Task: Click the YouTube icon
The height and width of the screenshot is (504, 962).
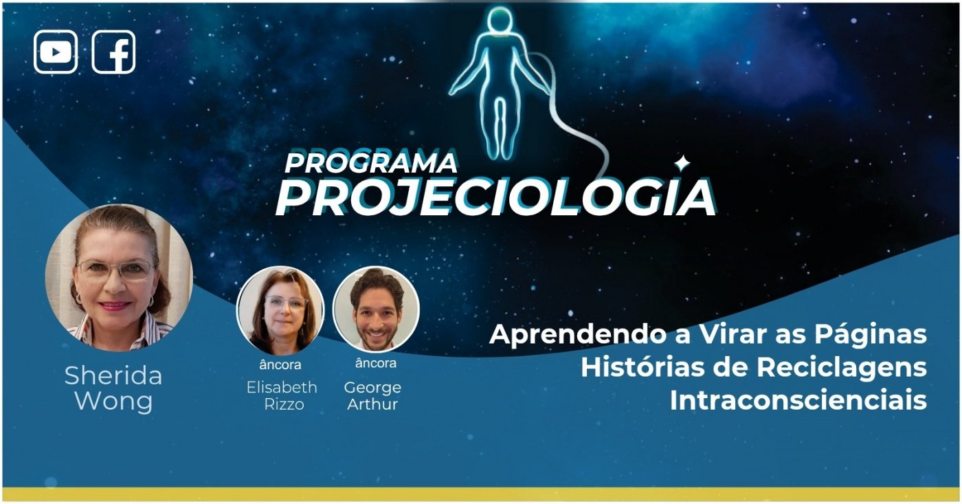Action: point(56,52)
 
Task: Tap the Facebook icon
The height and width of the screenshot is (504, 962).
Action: point(113,52)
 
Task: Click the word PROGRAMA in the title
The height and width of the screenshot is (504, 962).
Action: point(370,163)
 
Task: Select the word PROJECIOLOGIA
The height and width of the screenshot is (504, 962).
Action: point(495,197)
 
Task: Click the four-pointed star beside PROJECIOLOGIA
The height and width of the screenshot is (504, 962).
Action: point(682,163)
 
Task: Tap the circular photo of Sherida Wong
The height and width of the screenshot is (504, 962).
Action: point(119,278)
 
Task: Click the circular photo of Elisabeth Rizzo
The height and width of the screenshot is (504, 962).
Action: point(280,310)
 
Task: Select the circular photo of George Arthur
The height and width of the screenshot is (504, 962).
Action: point(377,309)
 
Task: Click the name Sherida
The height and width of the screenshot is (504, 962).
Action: point(113,376)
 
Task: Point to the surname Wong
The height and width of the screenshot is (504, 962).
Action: point(114,402)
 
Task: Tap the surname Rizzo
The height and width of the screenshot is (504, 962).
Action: point(284,404)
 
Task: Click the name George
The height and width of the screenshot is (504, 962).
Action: point(372,388)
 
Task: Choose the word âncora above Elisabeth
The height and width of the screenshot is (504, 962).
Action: point(280,365)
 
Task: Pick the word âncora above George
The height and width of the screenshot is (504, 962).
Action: point(376,363)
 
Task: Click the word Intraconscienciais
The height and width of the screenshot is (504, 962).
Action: point(798,400)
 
